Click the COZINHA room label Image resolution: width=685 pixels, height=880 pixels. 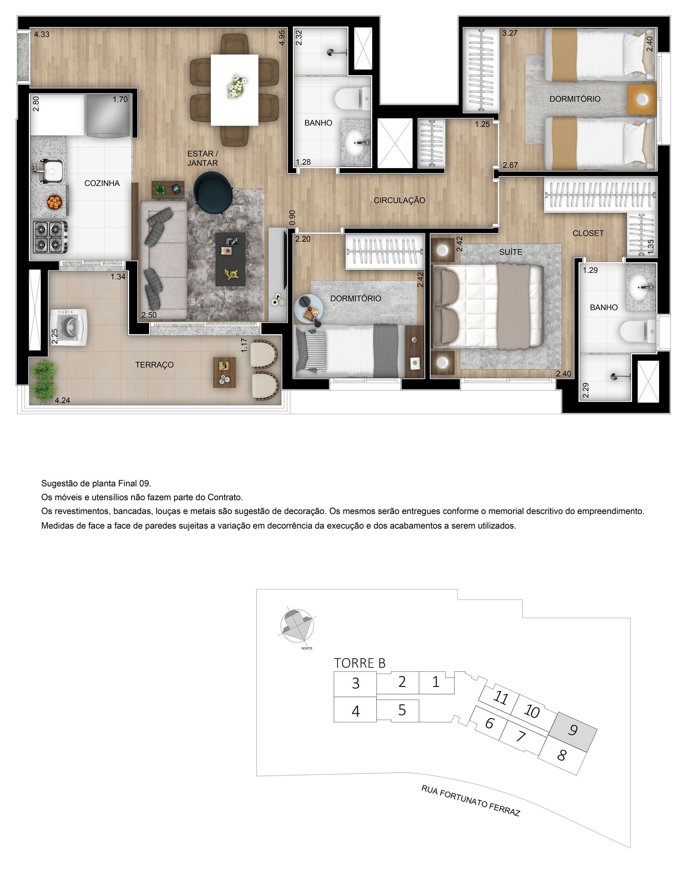102,183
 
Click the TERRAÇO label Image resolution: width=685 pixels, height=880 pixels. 154,365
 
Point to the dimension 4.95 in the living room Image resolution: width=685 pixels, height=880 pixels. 282,37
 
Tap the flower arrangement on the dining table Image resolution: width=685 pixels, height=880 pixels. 236,86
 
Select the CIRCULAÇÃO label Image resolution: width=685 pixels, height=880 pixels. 399,200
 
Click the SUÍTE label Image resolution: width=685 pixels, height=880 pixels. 510,252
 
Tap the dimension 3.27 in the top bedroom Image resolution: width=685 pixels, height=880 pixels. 510,33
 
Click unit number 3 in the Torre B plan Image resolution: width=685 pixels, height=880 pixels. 355,684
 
